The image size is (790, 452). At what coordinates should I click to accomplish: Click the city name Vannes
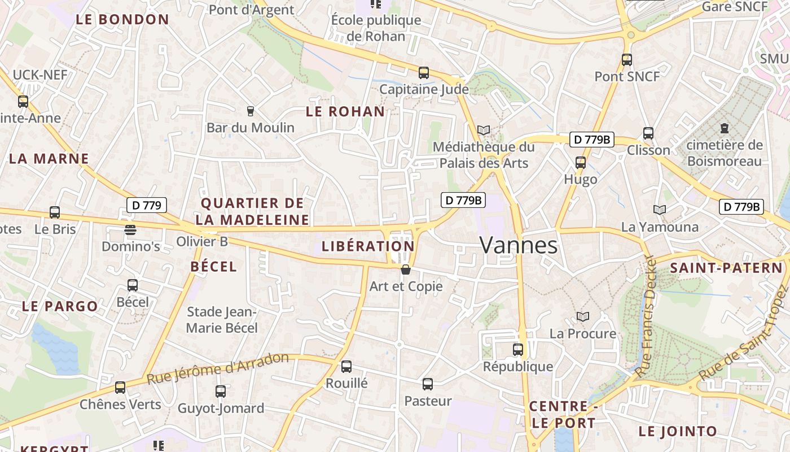coord(519,245)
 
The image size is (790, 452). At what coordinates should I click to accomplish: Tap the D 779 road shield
coord(147,205)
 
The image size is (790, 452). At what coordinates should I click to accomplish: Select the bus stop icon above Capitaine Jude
coord(424,73)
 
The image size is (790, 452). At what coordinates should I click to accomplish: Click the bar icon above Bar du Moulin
coord(251,111)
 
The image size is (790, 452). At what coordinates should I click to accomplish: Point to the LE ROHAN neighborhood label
coord(345,112)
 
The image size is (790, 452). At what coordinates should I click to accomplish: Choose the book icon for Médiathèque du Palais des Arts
coord(484,130)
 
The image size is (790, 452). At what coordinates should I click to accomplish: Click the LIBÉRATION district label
coord(368,246)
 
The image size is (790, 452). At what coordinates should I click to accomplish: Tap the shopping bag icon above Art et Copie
coord(405,270)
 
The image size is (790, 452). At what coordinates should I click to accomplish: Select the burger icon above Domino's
coord(130,230)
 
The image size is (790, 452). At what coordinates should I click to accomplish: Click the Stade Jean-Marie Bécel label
coord(222,320)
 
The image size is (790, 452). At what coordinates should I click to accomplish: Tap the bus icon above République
coord(518,350)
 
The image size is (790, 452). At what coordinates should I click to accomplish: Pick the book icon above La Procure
coord(583,316)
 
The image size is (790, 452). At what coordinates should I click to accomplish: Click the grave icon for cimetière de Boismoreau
coord(725,128)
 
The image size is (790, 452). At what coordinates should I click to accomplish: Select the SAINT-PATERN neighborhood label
coord(727,268)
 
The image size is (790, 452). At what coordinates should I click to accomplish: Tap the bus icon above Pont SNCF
coord(627,59)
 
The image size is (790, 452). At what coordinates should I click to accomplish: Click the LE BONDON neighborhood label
coord(122,20)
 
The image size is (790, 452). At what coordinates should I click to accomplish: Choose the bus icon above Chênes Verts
coord(120,388)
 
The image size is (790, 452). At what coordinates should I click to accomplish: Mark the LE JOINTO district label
coord(678,432)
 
